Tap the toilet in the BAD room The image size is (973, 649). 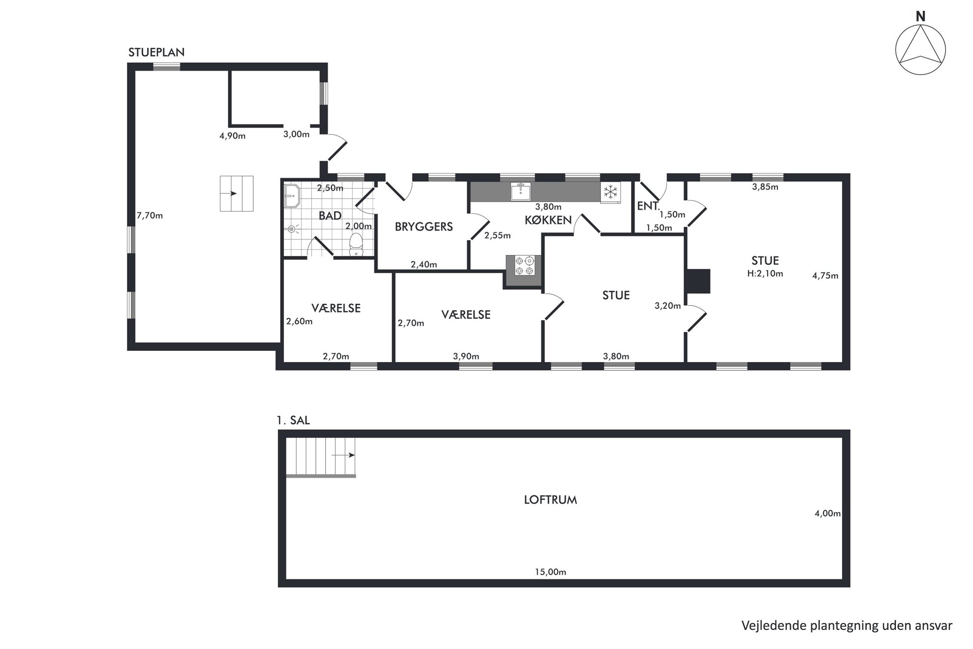[x=356, y=244]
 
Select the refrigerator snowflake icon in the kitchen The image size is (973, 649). [x=611, y=192]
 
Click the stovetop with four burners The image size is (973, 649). [x=524, y=265]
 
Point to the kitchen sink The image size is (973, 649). [x=521, y=191]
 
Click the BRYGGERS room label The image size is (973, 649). [x=424, y=227]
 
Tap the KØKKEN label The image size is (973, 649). [x=548, y=220]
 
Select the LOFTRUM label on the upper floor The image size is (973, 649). [x=550, y=500]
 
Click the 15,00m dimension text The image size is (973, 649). [x=550, y=572]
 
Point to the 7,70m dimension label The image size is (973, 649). [x=150, y=215]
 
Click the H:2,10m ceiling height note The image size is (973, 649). [x=765, y=274]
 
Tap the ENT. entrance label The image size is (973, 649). [x=648, y=206]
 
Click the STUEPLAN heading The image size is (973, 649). [x=156, y=52]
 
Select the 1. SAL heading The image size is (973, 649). [x=293, y=420]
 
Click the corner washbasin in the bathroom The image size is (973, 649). [x=292, y=196]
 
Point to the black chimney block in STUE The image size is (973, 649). [x=698, y=281]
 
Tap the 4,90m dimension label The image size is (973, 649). [x=232, y=136]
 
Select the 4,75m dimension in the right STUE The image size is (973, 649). [x=825, y=276]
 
